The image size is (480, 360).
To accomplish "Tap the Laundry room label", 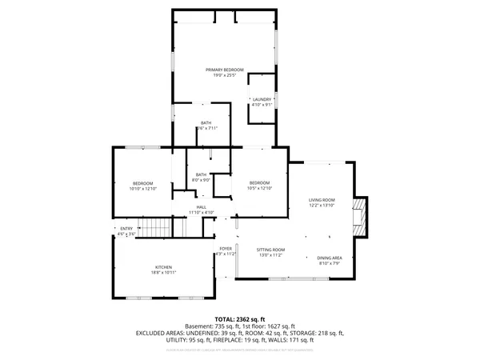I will point(262,99).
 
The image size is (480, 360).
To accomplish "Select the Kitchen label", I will point(163,267).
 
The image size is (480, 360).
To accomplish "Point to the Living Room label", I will point(322,200).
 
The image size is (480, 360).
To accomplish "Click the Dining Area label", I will point(330,257).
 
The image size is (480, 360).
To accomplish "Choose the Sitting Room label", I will point(270,250).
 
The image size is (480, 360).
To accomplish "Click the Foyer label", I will point(226,249).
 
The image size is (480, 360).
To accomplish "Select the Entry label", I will point(126,229).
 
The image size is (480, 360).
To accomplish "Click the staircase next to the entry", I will point(155,229).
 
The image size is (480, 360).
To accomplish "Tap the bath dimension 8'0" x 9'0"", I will point(201,180).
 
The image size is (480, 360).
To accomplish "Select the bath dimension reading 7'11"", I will point(207,128).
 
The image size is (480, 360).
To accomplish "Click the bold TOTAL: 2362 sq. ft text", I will point(240,319).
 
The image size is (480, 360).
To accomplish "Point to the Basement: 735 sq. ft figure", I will point(210,326).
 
